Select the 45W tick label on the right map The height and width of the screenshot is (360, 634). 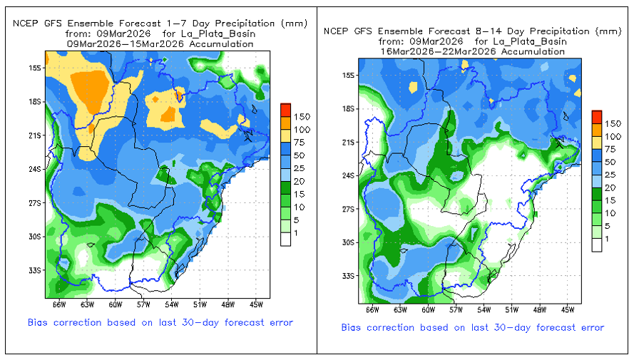click(x=566, y=310)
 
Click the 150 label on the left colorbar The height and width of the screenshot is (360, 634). click(x=301, y=116)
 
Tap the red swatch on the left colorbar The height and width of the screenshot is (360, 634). click(x=285, y=110)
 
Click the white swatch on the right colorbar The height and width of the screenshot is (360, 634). click(x=597, y=245)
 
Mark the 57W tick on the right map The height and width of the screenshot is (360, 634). click(x=455, y=310)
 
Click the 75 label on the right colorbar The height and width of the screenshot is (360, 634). click(x=610, y=149)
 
